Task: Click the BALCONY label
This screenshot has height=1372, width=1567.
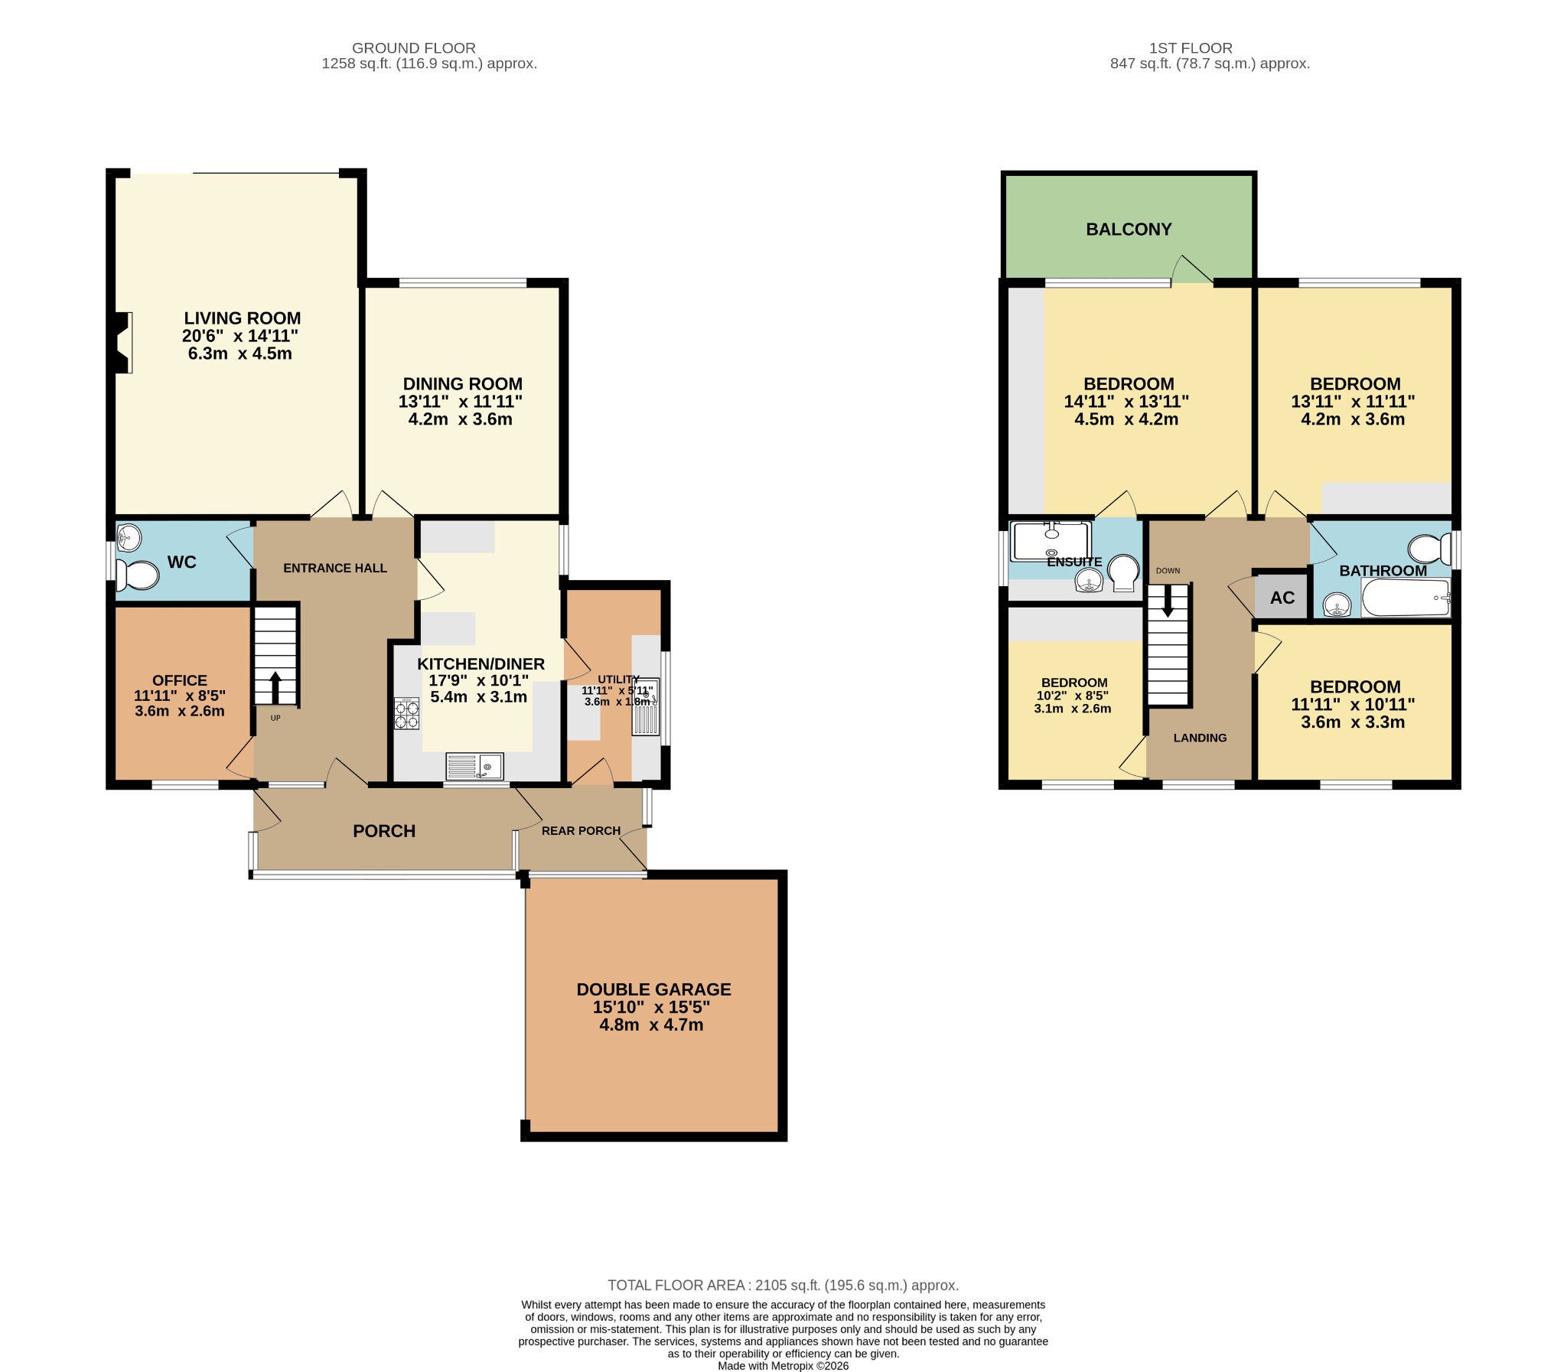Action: (x=1129, y=230)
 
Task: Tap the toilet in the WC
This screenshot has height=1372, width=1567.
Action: (x=138, y=574)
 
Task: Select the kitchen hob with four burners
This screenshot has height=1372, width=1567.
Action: (x=406, y=714)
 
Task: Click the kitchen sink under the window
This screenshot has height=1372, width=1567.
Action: (x=474, y=766)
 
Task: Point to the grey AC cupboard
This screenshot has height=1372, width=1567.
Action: (x=1282, y=597)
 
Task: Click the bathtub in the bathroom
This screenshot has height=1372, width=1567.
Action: (x=1406, y=597)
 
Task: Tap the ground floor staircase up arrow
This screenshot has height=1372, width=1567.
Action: (x=275, y=687)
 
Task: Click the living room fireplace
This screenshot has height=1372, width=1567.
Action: (x=122, y=342)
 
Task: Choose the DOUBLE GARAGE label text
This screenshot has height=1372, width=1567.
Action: (x=653, y=989)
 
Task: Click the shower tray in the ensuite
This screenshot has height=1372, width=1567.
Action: (x=1051, y=541)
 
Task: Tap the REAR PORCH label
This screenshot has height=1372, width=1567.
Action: (x=580, y=831)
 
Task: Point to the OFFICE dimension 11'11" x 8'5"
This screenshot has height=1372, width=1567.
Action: (x=180, y=696)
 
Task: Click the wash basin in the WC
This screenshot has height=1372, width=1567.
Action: (x=129, y=537)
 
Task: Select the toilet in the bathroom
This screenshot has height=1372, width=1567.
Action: (x=1429, y=549)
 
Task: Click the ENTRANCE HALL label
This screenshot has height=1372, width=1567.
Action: (x=334, y=568)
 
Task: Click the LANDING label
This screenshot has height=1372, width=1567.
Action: (x=1200, y=738)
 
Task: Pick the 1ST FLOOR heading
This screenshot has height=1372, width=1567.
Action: (x=1191, y=48)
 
